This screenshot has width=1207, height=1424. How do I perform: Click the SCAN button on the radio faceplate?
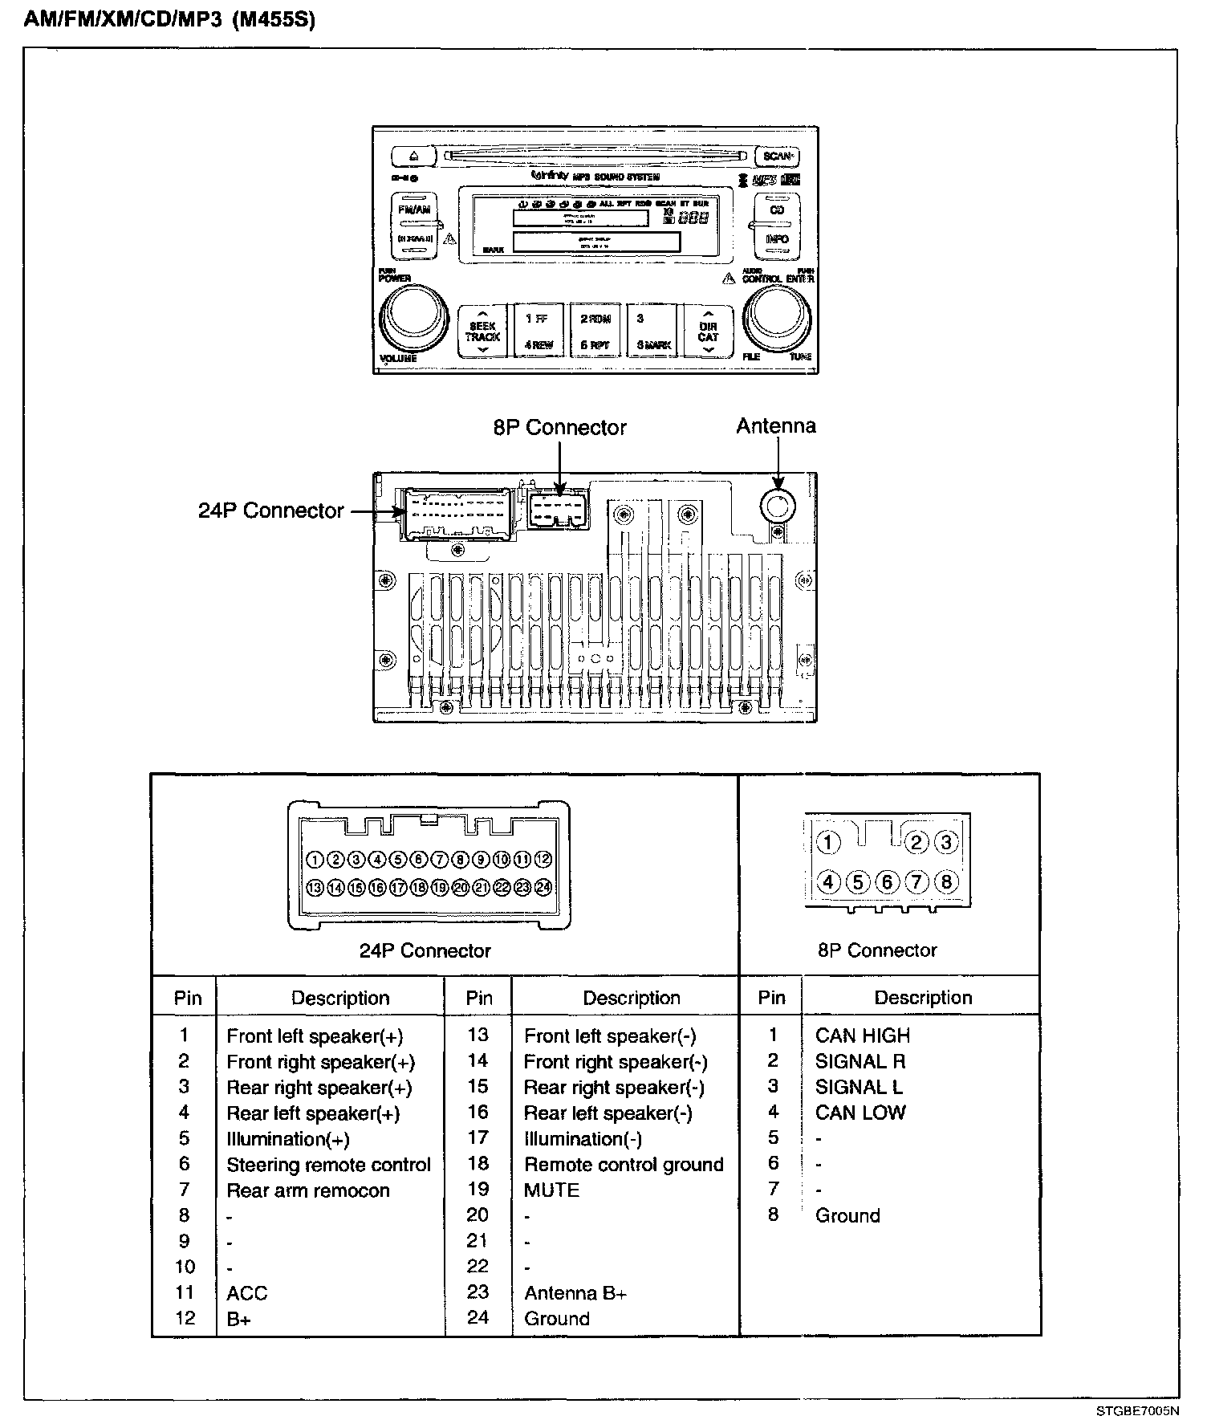[x=777, y=156]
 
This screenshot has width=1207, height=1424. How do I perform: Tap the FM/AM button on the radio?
[x=414, y=210]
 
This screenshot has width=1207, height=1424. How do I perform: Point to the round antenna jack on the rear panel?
[x=777, y=505]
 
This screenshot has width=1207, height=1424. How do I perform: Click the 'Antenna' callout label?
[x=776, y=426]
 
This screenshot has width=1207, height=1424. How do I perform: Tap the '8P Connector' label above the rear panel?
[x=559, y=428]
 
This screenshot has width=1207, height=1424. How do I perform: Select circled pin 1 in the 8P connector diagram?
[x=828, y=843]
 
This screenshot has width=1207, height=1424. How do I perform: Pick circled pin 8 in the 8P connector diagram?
[x=946, y=882]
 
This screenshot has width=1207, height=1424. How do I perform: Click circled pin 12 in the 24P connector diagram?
[x=543, y=860]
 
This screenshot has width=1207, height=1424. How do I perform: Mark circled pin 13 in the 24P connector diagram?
[x=315, y=888]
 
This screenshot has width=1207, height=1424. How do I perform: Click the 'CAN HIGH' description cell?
[x=862, y=1035]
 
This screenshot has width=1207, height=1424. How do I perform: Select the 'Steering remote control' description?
[x=328, y=1165]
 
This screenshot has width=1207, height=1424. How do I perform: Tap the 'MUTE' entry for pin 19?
[x=551, y=1190]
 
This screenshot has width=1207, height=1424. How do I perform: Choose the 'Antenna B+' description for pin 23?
[x=575, y=1293]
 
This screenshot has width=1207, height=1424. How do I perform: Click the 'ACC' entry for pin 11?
[x=246, y=1293]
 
